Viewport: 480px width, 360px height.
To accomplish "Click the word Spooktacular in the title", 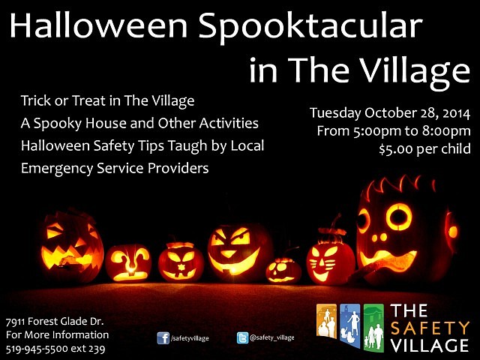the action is point(311,26).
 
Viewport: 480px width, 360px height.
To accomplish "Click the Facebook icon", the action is point(163,338).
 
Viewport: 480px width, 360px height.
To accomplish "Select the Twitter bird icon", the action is point(242,338).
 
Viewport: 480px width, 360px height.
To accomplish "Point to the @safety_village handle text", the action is point(272,337).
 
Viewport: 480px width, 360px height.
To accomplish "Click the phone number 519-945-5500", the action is point(37,349).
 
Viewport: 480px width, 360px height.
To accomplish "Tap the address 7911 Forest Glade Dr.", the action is point(55,322).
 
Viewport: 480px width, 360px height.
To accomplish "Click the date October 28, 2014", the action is point(417,113).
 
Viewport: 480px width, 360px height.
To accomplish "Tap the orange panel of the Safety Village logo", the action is point(327,322).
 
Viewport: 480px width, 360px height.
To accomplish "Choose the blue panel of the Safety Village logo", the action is point(350,325).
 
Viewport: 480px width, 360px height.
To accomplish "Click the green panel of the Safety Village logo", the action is point(373,328).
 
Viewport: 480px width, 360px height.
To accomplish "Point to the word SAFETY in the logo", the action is point(430,328).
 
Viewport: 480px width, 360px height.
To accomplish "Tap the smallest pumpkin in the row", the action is point(283,270).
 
